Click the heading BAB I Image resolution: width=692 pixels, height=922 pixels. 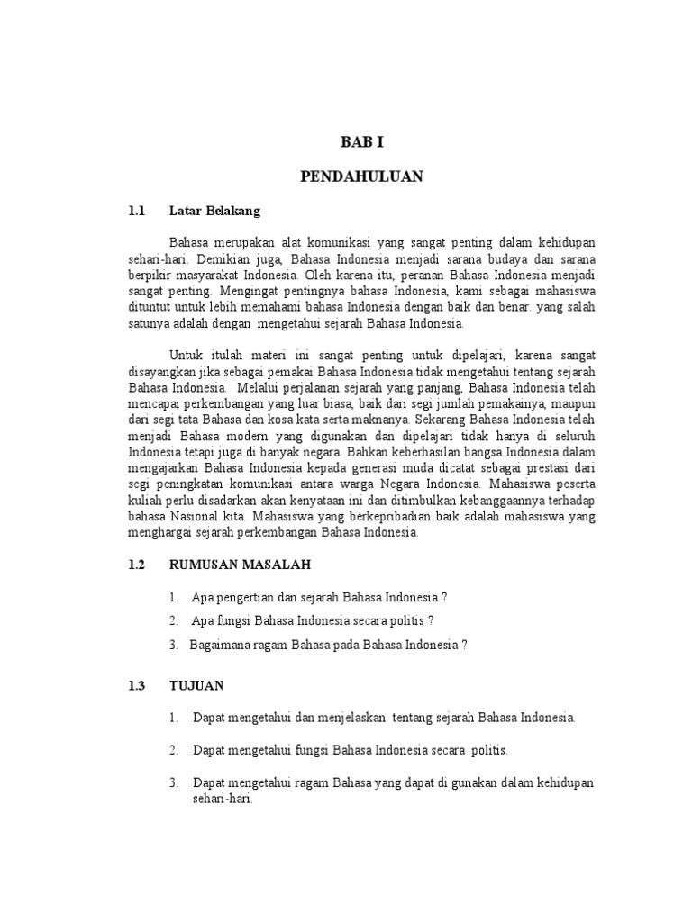(x=361, y=142)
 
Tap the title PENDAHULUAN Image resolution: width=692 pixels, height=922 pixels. (x=361, y=177)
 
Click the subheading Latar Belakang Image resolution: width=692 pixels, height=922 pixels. (x=214, y=212)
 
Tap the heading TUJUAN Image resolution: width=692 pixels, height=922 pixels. (x=196, y=685)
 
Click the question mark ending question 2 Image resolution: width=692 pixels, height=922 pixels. (x=432, y=621)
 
